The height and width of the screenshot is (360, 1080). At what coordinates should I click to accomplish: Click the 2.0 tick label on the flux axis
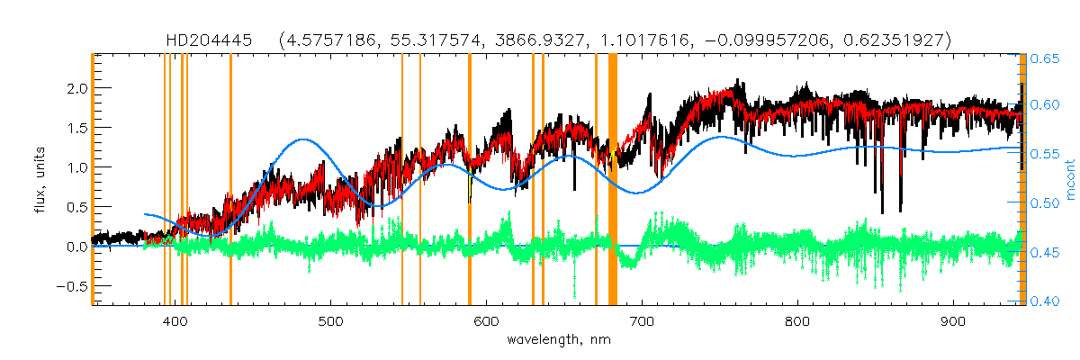76,88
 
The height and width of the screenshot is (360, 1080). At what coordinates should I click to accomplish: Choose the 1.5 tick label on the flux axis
76,128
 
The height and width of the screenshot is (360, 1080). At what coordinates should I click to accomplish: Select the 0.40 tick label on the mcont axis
1044,301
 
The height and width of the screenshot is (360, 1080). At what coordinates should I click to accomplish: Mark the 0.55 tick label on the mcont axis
1044,155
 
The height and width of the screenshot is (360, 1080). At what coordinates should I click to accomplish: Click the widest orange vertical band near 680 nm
613,180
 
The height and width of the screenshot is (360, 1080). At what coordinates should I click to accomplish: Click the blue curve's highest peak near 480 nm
303,139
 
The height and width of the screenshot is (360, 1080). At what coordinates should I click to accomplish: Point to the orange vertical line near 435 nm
230,180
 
